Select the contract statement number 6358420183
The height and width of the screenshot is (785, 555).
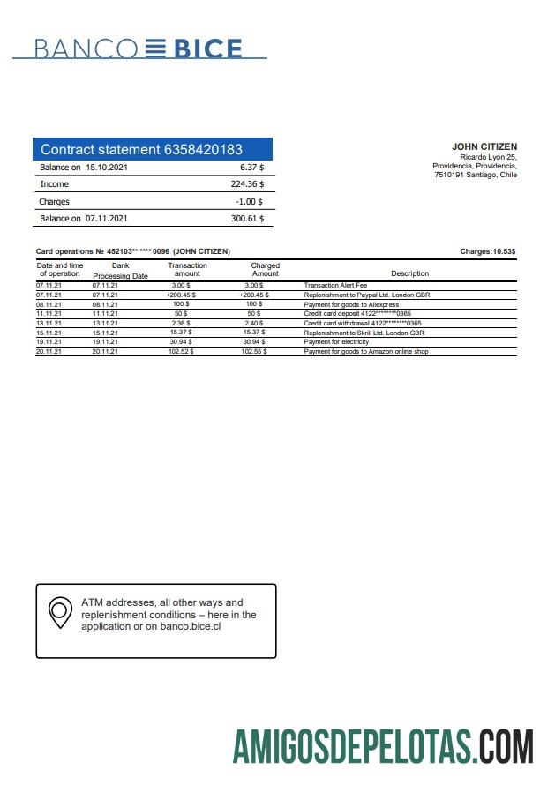[x=203, y=150]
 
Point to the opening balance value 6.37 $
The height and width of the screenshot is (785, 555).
[x=251, y=167]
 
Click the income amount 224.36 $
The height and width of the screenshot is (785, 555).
[x=247, y=184]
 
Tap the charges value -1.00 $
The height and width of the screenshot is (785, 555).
[x=251, y=201]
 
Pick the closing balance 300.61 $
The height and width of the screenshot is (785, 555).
[x=247, y=218]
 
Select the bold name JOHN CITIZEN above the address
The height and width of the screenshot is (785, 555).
[x=484, y=146]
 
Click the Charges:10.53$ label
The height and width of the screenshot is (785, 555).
[x=488, y=252]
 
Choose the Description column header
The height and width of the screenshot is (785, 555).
[x=409, y=273]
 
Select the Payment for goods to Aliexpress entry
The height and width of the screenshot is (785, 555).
[x=351, y=304]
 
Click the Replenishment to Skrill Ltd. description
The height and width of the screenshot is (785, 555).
[x=364, y=333]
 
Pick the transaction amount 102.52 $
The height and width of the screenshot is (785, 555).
[x=180, y=351]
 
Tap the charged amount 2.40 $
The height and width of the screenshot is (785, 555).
[x=252, y=323]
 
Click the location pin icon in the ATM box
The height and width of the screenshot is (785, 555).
[x=60, y=611]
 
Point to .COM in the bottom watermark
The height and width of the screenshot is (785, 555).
[x=506, y=746]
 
